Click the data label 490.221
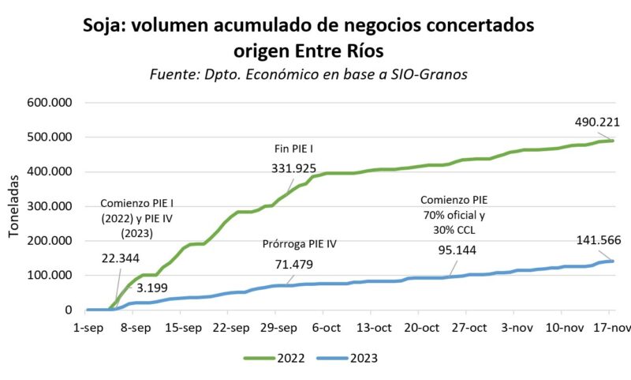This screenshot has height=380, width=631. point(597,122)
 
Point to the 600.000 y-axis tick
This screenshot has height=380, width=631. point(50,103)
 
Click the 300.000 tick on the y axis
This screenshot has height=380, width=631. point(50,206)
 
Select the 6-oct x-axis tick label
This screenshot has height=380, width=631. point(326,327)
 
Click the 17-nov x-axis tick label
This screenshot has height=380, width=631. point(612,327)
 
